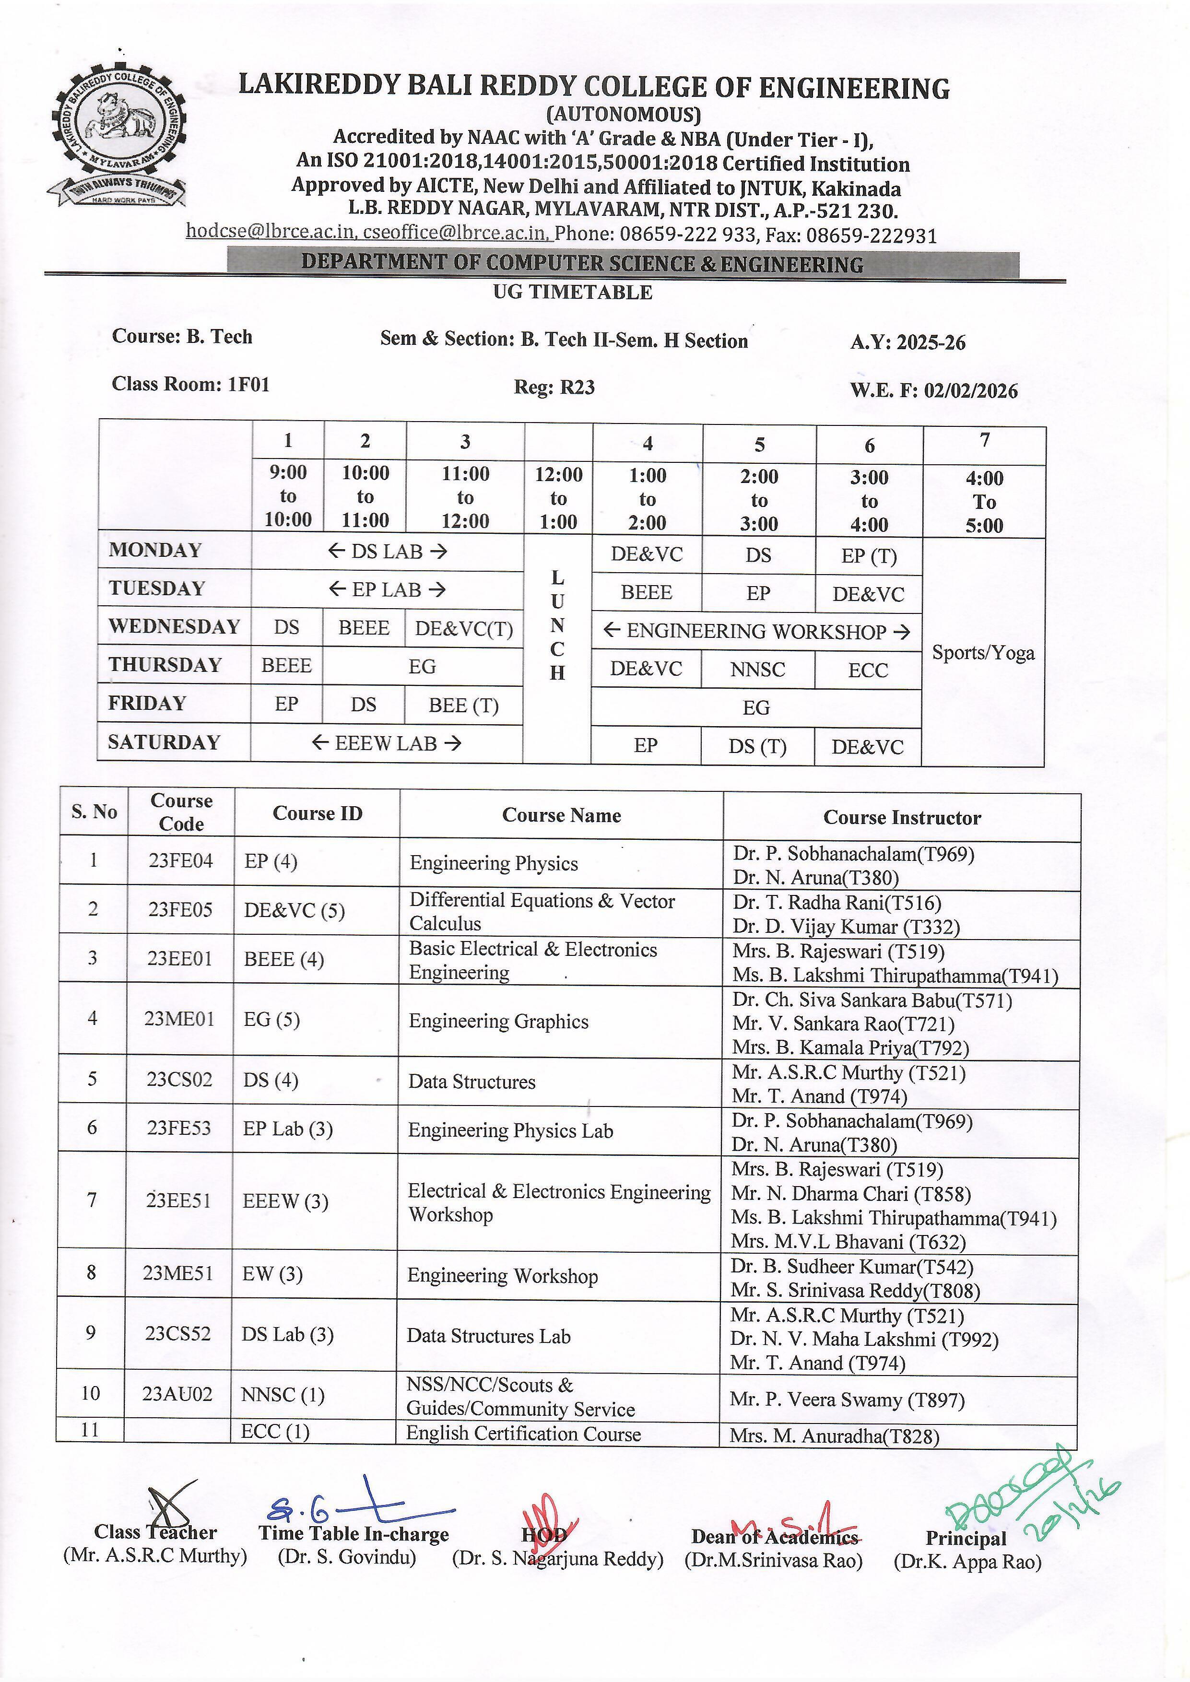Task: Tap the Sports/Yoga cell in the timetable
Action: tap(983, 653)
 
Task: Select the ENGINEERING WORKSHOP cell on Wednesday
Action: tap(756, 632)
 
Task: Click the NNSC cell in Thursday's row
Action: tap(758, 670)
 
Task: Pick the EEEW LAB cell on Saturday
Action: tap(386, 743)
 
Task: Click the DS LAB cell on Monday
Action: tap(387, 552)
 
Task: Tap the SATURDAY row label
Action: tap(164, 742)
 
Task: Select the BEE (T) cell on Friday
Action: tap(463, 706)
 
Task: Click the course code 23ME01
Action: tap(179, 1019)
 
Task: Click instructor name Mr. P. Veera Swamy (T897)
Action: tap(847, 1400)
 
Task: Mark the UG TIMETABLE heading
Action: tap(572, 292)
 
